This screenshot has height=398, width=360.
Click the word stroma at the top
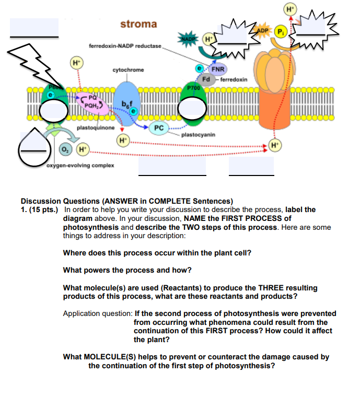[x=138, y=24]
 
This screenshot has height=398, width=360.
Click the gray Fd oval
[x=206, y=80]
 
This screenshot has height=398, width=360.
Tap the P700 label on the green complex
[x=194, y=88]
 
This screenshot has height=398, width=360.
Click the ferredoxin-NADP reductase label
[x=125, y=46]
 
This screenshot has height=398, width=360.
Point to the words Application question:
[x=97, y=313]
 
